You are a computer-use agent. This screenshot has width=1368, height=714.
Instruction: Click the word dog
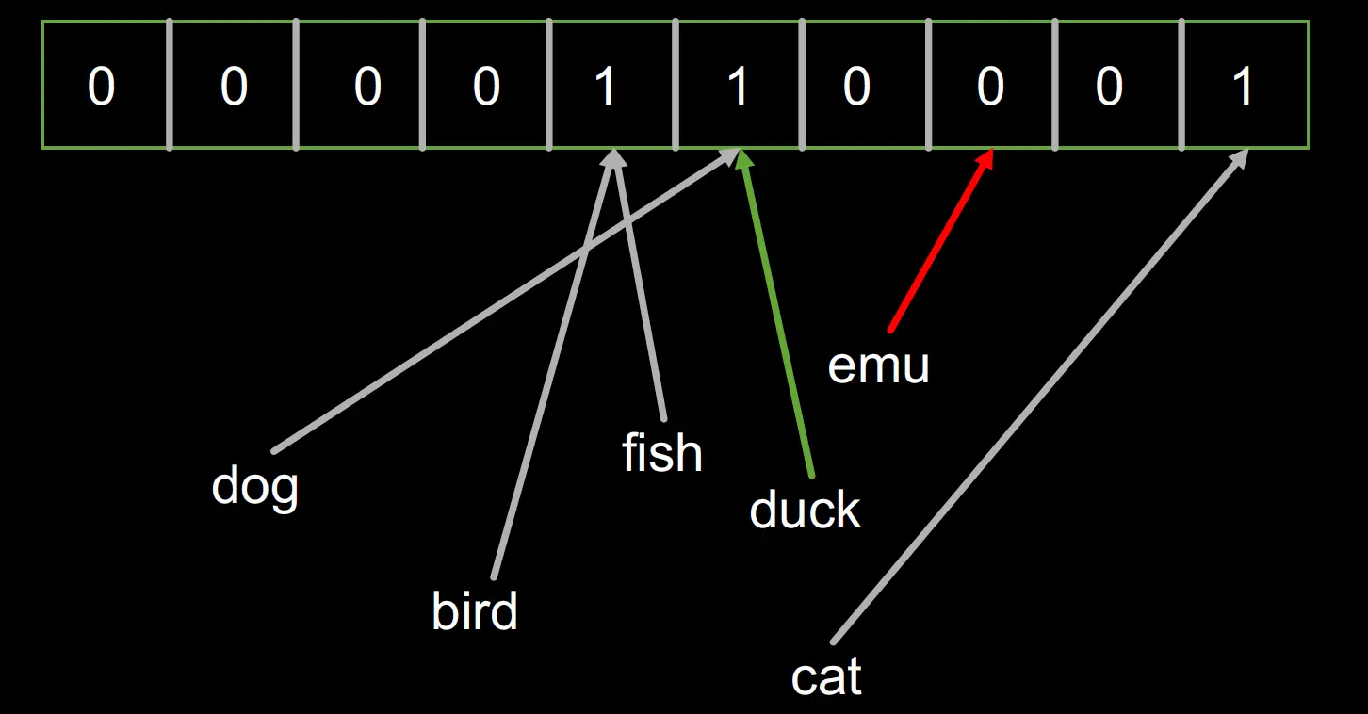pos(254,486)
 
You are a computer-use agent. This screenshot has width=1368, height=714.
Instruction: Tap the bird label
pos(474,612)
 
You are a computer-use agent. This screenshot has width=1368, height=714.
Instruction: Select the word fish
pos(661,453)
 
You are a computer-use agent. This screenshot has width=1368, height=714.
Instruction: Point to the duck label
pos(805,511)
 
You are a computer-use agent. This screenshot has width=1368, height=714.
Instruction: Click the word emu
pos(878,365)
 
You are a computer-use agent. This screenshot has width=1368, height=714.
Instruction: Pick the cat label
pos(826,677)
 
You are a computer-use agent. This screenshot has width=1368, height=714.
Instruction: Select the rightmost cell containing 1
pos(1245,86)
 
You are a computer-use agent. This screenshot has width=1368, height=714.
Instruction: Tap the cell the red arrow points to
pos(990,86)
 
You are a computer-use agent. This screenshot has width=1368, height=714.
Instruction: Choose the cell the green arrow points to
pos(739,86)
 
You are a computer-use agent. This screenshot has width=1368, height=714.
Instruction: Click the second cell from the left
pos(233,86)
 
